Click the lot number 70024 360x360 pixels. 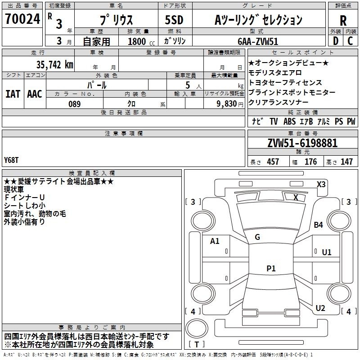(22, 19)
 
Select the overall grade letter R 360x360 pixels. (343, 21)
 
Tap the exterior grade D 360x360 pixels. (335, 41)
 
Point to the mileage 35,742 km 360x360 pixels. (54, 65)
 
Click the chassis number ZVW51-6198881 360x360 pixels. (302, 143)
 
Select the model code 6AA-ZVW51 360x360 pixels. (258, 41)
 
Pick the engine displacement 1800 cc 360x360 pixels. (141, 41)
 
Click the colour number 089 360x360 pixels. (74, 104)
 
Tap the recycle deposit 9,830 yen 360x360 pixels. (230, 104)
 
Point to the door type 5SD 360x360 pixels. (174, 20)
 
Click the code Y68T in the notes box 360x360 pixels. (11, 160)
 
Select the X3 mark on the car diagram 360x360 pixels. (321, 184)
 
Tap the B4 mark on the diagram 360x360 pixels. (318, 225)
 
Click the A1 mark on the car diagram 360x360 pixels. (215, 241)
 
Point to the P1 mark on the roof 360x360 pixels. (271, 268)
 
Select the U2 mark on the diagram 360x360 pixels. (320, 308)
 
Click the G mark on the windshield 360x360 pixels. (257, 237)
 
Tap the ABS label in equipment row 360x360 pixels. (289, 121)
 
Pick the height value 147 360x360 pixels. (346, 162)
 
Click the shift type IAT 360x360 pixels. (13, 94)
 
